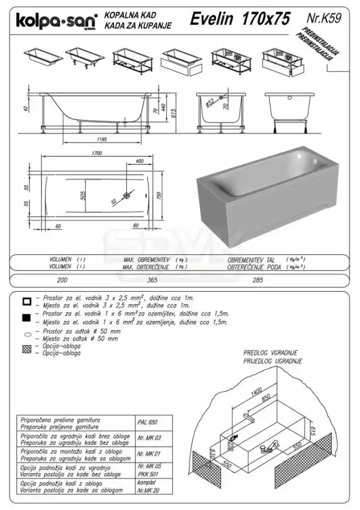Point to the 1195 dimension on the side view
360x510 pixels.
pos(100,138)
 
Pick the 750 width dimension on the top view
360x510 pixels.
pos(160,195)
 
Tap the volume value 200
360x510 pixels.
pos(62,279)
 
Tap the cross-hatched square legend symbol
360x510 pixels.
pos(26,348)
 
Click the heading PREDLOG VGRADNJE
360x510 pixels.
pos(270,352)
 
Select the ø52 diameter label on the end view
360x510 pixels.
pos(209,103)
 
